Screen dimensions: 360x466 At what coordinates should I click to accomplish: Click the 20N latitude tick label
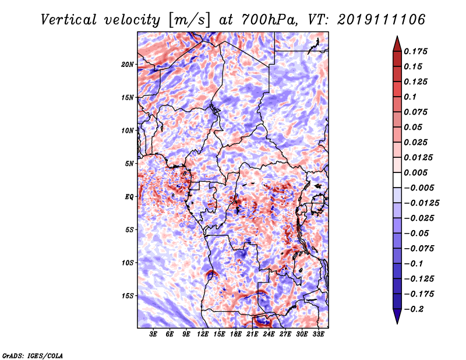pyautogui.click(x=128, y=64)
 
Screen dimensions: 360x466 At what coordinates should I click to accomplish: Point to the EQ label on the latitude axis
pyautogui.click(x=129, y=196)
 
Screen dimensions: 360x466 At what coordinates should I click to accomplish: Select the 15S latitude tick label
pyautogui.click(x=128, y=295)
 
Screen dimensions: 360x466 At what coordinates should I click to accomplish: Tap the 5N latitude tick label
pyautogui.click(x=129, y=163)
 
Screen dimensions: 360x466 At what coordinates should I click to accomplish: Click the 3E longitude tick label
pyautogui.click(x=154, y=334)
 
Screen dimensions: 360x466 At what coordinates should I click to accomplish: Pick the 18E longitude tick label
pyautogui.click(x=236, y=334)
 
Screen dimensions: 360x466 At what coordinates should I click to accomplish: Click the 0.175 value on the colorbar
pyautogui.click(x=417, y=51)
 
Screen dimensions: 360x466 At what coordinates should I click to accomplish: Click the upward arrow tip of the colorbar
pyautogui.click(x=397, y=38)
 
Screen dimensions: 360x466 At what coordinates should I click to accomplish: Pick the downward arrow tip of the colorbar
pyautogui.click(x=397, y=322)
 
